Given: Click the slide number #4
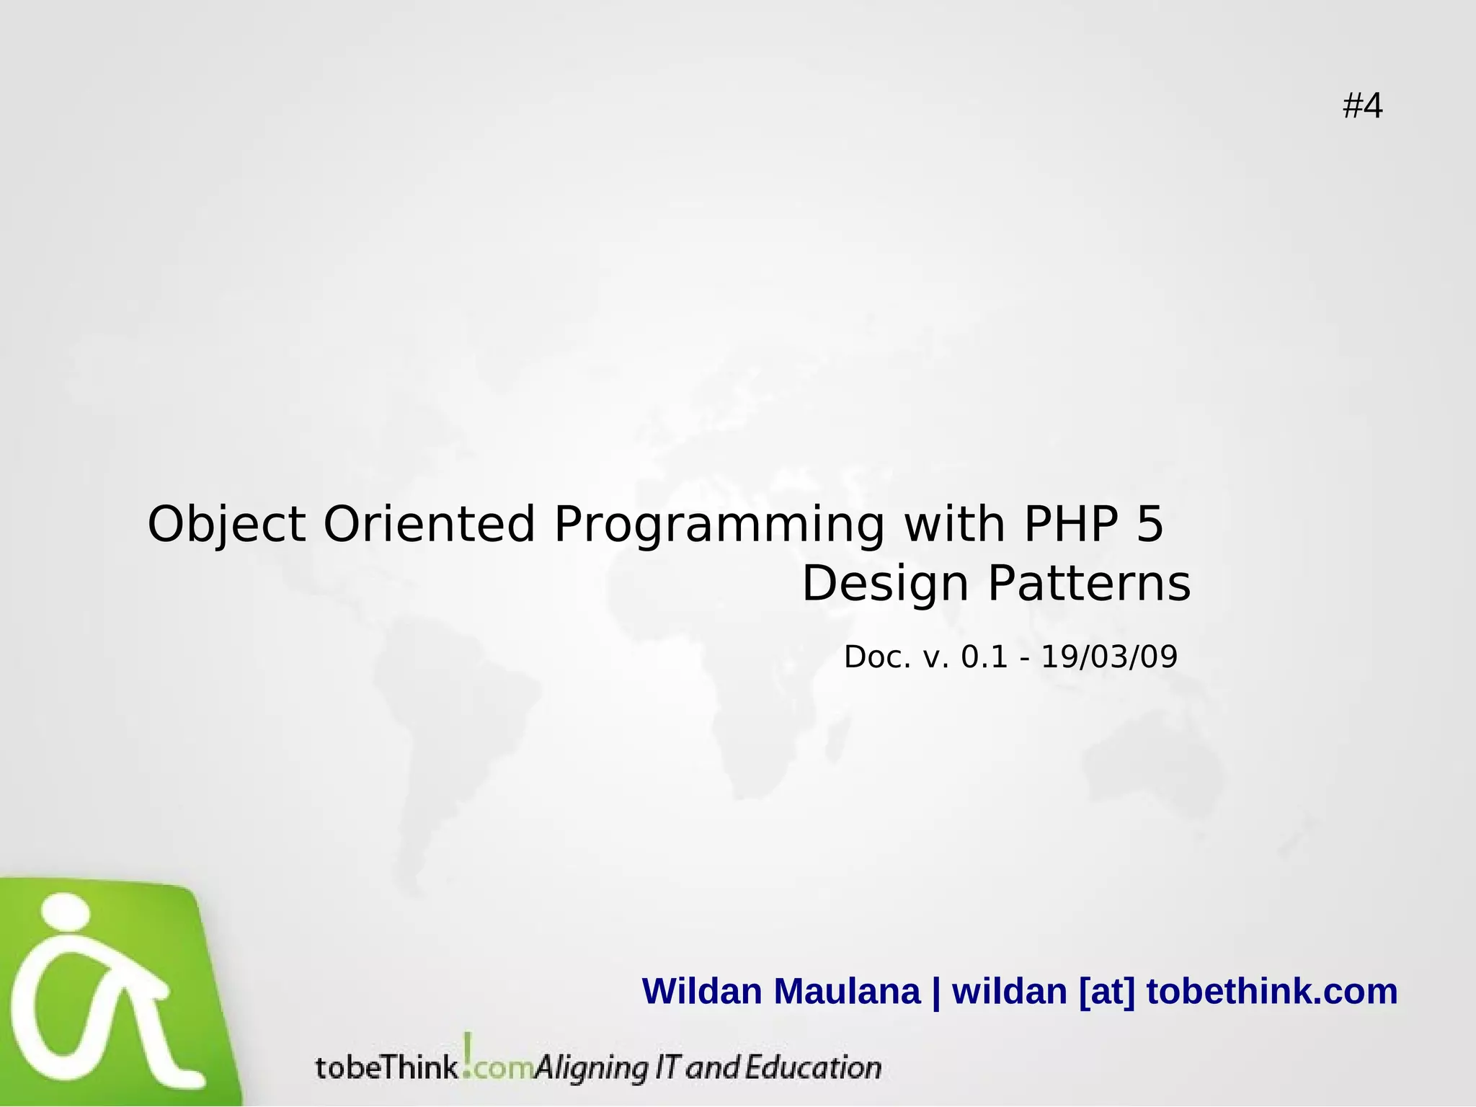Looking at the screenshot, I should pos(1362,107).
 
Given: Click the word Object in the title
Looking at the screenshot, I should pos(226,524).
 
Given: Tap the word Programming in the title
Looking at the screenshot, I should pos(719,524).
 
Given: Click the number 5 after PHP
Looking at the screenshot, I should pos(1150,524).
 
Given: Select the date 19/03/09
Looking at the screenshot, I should pos(1109,657).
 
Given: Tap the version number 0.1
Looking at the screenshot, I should pos(984,657).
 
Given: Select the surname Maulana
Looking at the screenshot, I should pos(848,991).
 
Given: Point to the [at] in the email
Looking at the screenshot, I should pos(1107,991).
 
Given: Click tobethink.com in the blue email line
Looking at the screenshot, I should pos(1271,991).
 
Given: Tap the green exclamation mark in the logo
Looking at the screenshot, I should pos(468,1053).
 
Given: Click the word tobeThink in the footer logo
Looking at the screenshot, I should pos(387,1067).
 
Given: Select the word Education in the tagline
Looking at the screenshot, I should pos(812,1067).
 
